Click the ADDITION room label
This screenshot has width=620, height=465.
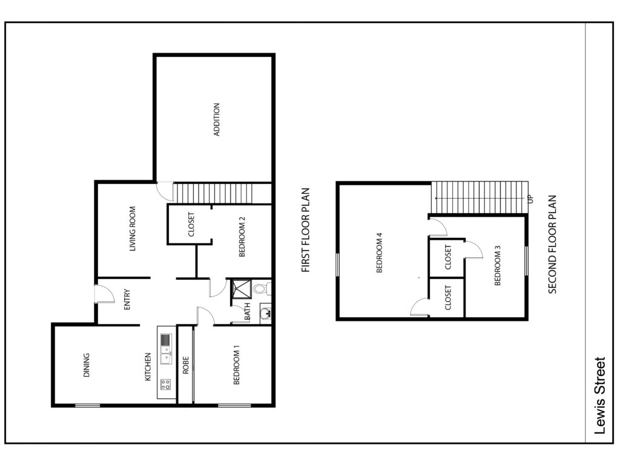[x=217, y=119]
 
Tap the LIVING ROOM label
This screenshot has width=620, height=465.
[x=133, y=228]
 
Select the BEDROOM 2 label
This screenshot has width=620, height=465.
[x=242, y=237]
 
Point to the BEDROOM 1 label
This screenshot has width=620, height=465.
[x=237, y=364]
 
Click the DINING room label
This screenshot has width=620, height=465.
[x=87, y=365]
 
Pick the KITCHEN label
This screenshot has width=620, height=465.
[x=148, y=366]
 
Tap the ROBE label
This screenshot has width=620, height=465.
[x=186, y=365]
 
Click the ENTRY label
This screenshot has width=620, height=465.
[x=127, y=299]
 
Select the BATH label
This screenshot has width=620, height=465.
[x=248, y=311]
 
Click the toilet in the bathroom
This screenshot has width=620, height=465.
[x=262, y=288]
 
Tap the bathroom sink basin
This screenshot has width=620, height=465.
[x=266, y=314]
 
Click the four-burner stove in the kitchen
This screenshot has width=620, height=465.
[x=166, y=384]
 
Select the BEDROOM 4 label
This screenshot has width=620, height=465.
[x=380, y=252]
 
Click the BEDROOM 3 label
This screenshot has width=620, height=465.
[x=498, y=265]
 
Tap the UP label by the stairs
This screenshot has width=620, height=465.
[x=530, y=199]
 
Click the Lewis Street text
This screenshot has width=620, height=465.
[x=600, y=396]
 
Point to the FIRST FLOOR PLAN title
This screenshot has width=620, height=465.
[x=305, y=230]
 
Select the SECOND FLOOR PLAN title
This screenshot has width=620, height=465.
[x=552, y=245]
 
